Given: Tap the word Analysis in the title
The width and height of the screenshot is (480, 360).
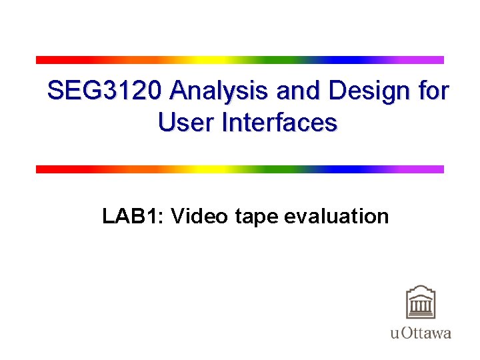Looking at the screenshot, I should (x=212, y=91).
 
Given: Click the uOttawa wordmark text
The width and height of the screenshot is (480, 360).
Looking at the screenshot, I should (x=421, y=333).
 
